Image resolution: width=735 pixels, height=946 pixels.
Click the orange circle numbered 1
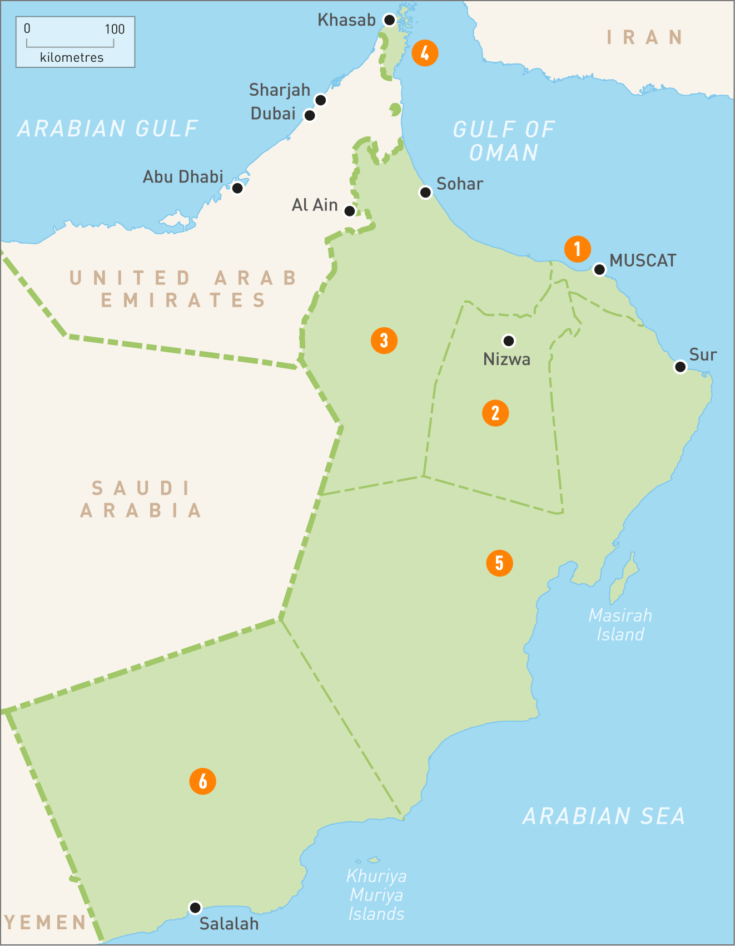pyautogui.click(x=577, y=249)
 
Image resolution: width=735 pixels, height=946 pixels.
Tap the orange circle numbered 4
pyautogui.click(x=425, y=53)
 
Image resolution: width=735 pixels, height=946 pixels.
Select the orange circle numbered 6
pyautogui.click(x=202, y=781)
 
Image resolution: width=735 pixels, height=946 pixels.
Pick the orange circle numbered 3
pyautogui.click(x=384, y=341)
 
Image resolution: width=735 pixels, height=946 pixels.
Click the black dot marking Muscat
pyautogui.click(x=599, y=270)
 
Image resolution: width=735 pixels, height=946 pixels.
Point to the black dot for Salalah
pyautogui.click(x=195, y=908)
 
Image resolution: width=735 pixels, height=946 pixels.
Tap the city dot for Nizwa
pyautogui.click(x=508, y=341)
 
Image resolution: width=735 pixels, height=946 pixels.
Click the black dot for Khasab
pyautogui.click(x=390, y=20)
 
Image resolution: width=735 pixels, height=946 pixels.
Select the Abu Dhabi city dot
pyautogui.click(x=237, y=188)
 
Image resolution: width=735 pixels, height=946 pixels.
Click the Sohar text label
pyautogui.click(x=459, y=184)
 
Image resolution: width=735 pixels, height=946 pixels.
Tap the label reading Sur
pyautogui.click(x=703, y=354)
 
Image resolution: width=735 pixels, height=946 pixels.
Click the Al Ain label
pyautogui.click(x=315, y=205)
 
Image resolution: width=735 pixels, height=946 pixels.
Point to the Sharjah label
pyautogui.click(x=279, y=90)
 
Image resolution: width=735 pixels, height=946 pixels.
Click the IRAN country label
pyautogui.click(x=644, y=37)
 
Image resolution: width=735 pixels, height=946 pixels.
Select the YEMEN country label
pyautogui.click(x=45, y=922)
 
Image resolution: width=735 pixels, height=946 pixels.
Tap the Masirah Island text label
pyautogui.click(x=620, y=625)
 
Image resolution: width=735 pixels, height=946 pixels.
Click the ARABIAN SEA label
pyautogui.click(x=603, y=816)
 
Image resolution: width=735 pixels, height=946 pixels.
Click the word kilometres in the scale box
pyautogui.click(x=72, y=57)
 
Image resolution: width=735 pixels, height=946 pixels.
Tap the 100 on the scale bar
pyautogui.click(x=115, y=29)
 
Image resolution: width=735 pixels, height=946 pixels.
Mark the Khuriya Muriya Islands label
pyautogui.click(x=376, y=895)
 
